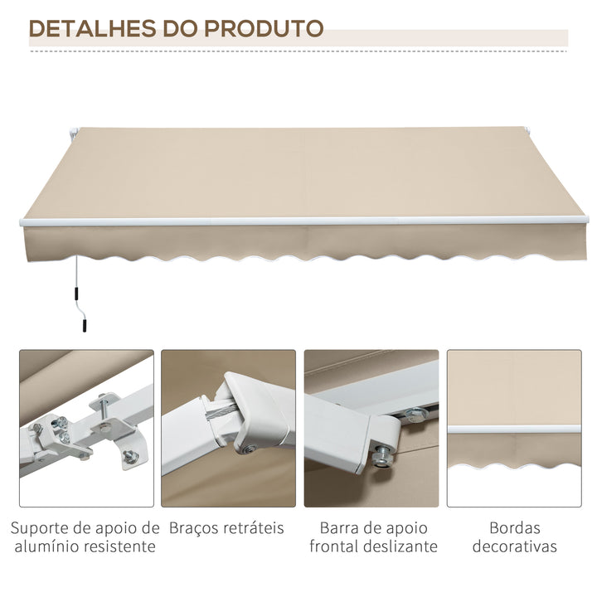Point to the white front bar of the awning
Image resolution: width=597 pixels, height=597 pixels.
[x=298, y=221]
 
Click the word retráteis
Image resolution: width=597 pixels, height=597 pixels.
[x=255, y=527]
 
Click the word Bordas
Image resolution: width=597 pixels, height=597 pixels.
[x=514, y=527]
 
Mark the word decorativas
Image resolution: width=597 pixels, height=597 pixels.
[x=514, y=546]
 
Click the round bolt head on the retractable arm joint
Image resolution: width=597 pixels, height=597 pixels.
[x=248, y=450]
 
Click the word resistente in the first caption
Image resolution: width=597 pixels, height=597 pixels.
[x=117, y=546]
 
